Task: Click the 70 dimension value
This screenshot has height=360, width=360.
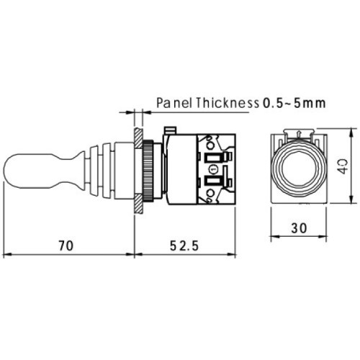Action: click(x=66, y=246)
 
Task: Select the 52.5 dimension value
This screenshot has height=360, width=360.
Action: click(x=184, y=246)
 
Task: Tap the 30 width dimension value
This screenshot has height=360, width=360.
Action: click(x=299, y=228)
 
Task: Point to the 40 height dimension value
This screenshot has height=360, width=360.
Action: click(x=343, y=166)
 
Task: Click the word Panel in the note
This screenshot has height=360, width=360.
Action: click(x=174, y=103)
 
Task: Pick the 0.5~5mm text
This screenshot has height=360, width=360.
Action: click(x=294, y=103)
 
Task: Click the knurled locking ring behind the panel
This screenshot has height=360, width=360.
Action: click(x=148, y=171)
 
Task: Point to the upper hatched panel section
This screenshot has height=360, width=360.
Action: click(x=138, y=138)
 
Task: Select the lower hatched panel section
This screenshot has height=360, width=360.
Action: click(x=138, y=204)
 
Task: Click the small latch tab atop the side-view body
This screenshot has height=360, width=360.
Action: click(x=171, y=130)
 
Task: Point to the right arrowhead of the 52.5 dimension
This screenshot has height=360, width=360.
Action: click(x=231, y=254)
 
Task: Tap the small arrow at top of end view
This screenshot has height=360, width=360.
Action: click(x=299, y=133)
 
